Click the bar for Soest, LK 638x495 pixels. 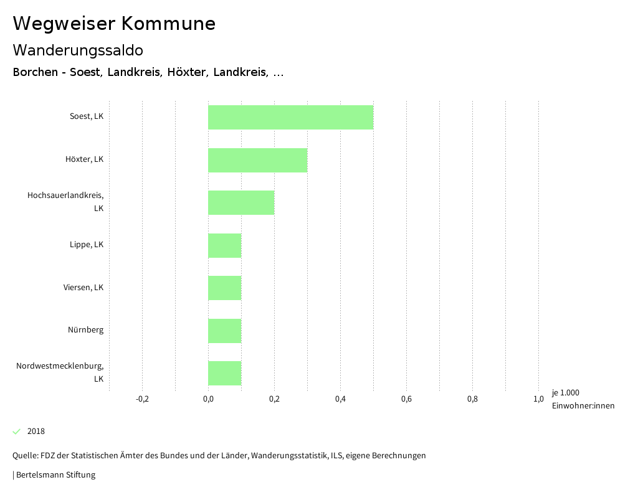(290, 117)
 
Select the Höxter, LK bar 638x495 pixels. (257, 160)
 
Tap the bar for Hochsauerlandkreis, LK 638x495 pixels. (241, 202)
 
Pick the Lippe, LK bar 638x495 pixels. (224, 245)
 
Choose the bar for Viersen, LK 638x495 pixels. (224, 288)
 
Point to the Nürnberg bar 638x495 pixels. (224, 331)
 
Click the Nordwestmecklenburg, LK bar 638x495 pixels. (224, 373)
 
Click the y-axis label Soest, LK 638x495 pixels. (87, 116)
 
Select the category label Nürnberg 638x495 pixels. (86, 330)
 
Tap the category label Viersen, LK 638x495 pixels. (83, 288)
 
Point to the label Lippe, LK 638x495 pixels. (87, 245)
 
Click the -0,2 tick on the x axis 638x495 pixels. (142, 399)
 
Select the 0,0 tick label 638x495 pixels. (208, 399)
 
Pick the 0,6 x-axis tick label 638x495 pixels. (406, 399)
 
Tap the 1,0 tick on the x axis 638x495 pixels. (538, 399)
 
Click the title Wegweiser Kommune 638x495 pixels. (114, 24)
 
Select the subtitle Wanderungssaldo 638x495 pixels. (78, 50)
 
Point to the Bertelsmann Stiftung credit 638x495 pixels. (55, 475)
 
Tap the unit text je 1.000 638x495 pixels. (565, 393)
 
